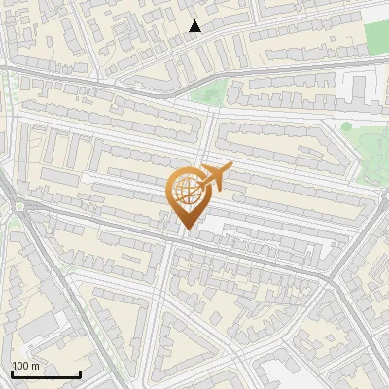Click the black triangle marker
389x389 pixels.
(195, 26)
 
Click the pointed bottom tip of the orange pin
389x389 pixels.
(188, 230)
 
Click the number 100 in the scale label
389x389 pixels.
(20, 366)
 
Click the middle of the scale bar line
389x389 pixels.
(46, 374)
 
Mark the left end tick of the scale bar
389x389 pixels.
(12, 373)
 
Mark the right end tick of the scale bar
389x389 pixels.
(80, 373)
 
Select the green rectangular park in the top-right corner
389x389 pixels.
(376, 38)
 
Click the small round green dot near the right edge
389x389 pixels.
(346, 126)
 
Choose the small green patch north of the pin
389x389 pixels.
(207, 94)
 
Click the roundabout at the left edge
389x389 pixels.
(18, 206)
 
